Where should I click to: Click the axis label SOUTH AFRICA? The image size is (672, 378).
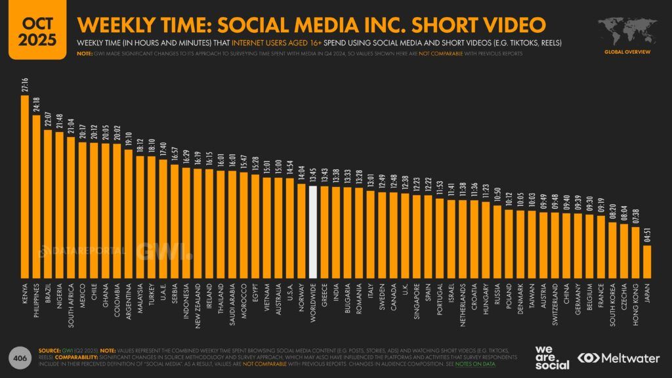pyautogui.click(x=71, y=299)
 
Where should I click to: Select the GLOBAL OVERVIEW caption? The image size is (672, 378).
pyautogui.click(x=627, y=52)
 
